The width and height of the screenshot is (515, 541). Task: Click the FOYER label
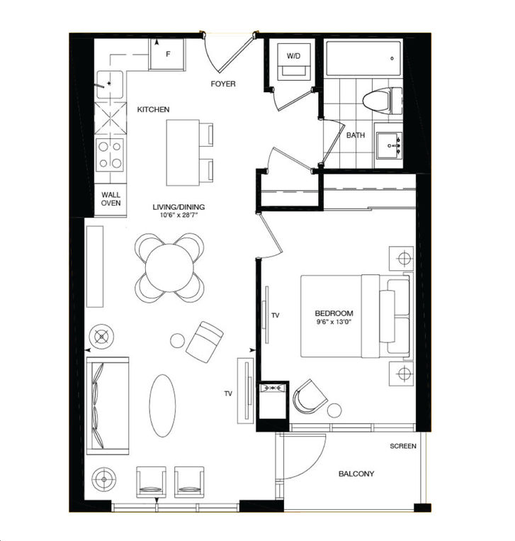pyautogui.click(x=223, y=84)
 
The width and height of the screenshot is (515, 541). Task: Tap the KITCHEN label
pyautogui.click(x=153, y=109)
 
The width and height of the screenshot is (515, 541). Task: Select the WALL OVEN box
pyautogui.click(x=111, y=199)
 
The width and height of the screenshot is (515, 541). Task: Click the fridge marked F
pyautogui.click(x=166, y=54)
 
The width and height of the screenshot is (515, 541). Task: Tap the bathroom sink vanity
pyautogui.click(x=391, y=145)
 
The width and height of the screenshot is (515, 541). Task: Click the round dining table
pyautogui.click(x=170, y=267)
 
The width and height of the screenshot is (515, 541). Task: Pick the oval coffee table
pyautogui.click(x=163, y=406)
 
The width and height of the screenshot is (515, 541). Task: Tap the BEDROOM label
pyautogui.click(x=334, y=313)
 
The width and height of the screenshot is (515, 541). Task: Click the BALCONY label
pyautogui.click(x=356, y=474)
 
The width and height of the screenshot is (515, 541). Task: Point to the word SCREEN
pyautogui.click(x=403, y=446)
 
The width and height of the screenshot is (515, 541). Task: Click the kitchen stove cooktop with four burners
pyautogui.click(x=111, y=154)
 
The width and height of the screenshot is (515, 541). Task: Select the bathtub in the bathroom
pyautogui.click(x=363, y=58)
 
